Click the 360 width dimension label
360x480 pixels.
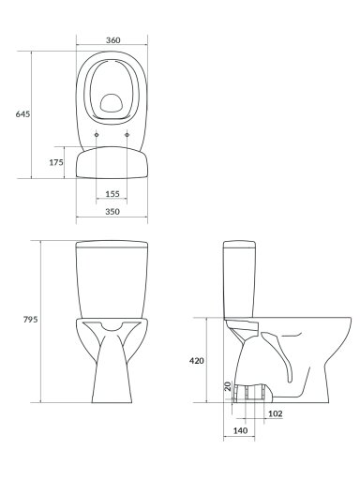click(112, 40)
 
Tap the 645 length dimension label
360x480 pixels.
click(22, 114)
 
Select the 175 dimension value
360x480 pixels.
click(56, 162)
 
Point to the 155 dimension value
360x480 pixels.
click(112, 194)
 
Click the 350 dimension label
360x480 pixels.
click(112, 212)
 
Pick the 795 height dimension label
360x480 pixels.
click(30, 320)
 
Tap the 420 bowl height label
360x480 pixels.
click(197, 361)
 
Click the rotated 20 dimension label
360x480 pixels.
click(228, 386)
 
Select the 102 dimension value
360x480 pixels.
click(276, 413)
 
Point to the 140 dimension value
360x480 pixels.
click(240, 430)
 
